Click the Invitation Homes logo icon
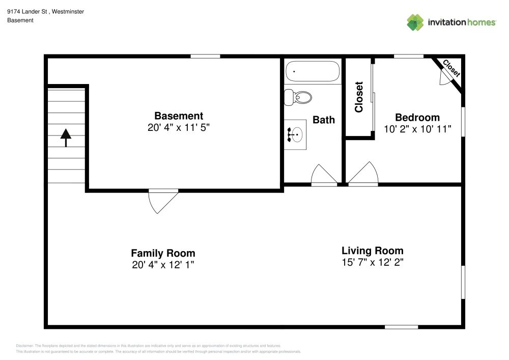[x=415, y=22]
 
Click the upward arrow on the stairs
[x=66, y=137]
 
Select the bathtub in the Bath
[x=313, y=71]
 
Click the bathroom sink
[x=296, y=134]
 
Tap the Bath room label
[x=324, y=120]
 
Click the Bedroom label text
[x=417, y=118]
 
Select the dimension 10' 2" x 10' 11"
[x=417, y=129]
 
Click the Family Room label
[x=163, y=253]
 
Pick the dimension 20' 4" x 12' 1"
[x=163, y=265]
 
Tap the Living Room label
[x=372, y=251]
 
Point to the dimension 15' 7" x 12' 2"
[x=372, y=263]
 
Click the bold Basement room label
[x=179, y=116]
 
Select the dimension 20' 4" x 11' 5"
[x=179, y=127]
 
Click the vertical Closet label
[x=359, y=97]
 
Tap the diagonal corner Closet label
[x=451, y=68]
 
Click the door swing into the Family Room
[x=159, y=201]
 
